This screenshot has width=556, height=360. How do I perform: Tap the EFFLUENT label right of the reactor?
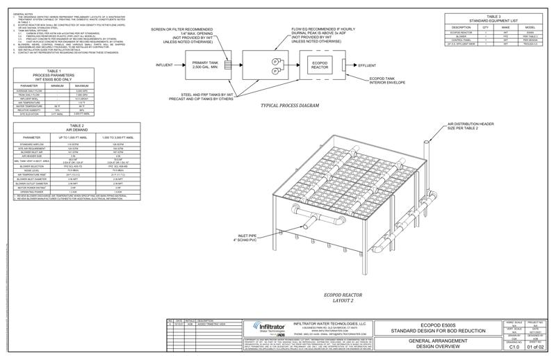pyautogui.click(x=368, y=65)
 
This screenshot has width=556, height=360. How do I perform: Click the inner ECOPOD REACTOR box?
pyautogui.click(x=319, y=65)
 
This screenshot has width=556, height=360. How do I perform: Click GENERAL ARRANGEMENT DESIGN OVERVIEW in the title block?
pyautogui.click(x=434, y=343)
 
